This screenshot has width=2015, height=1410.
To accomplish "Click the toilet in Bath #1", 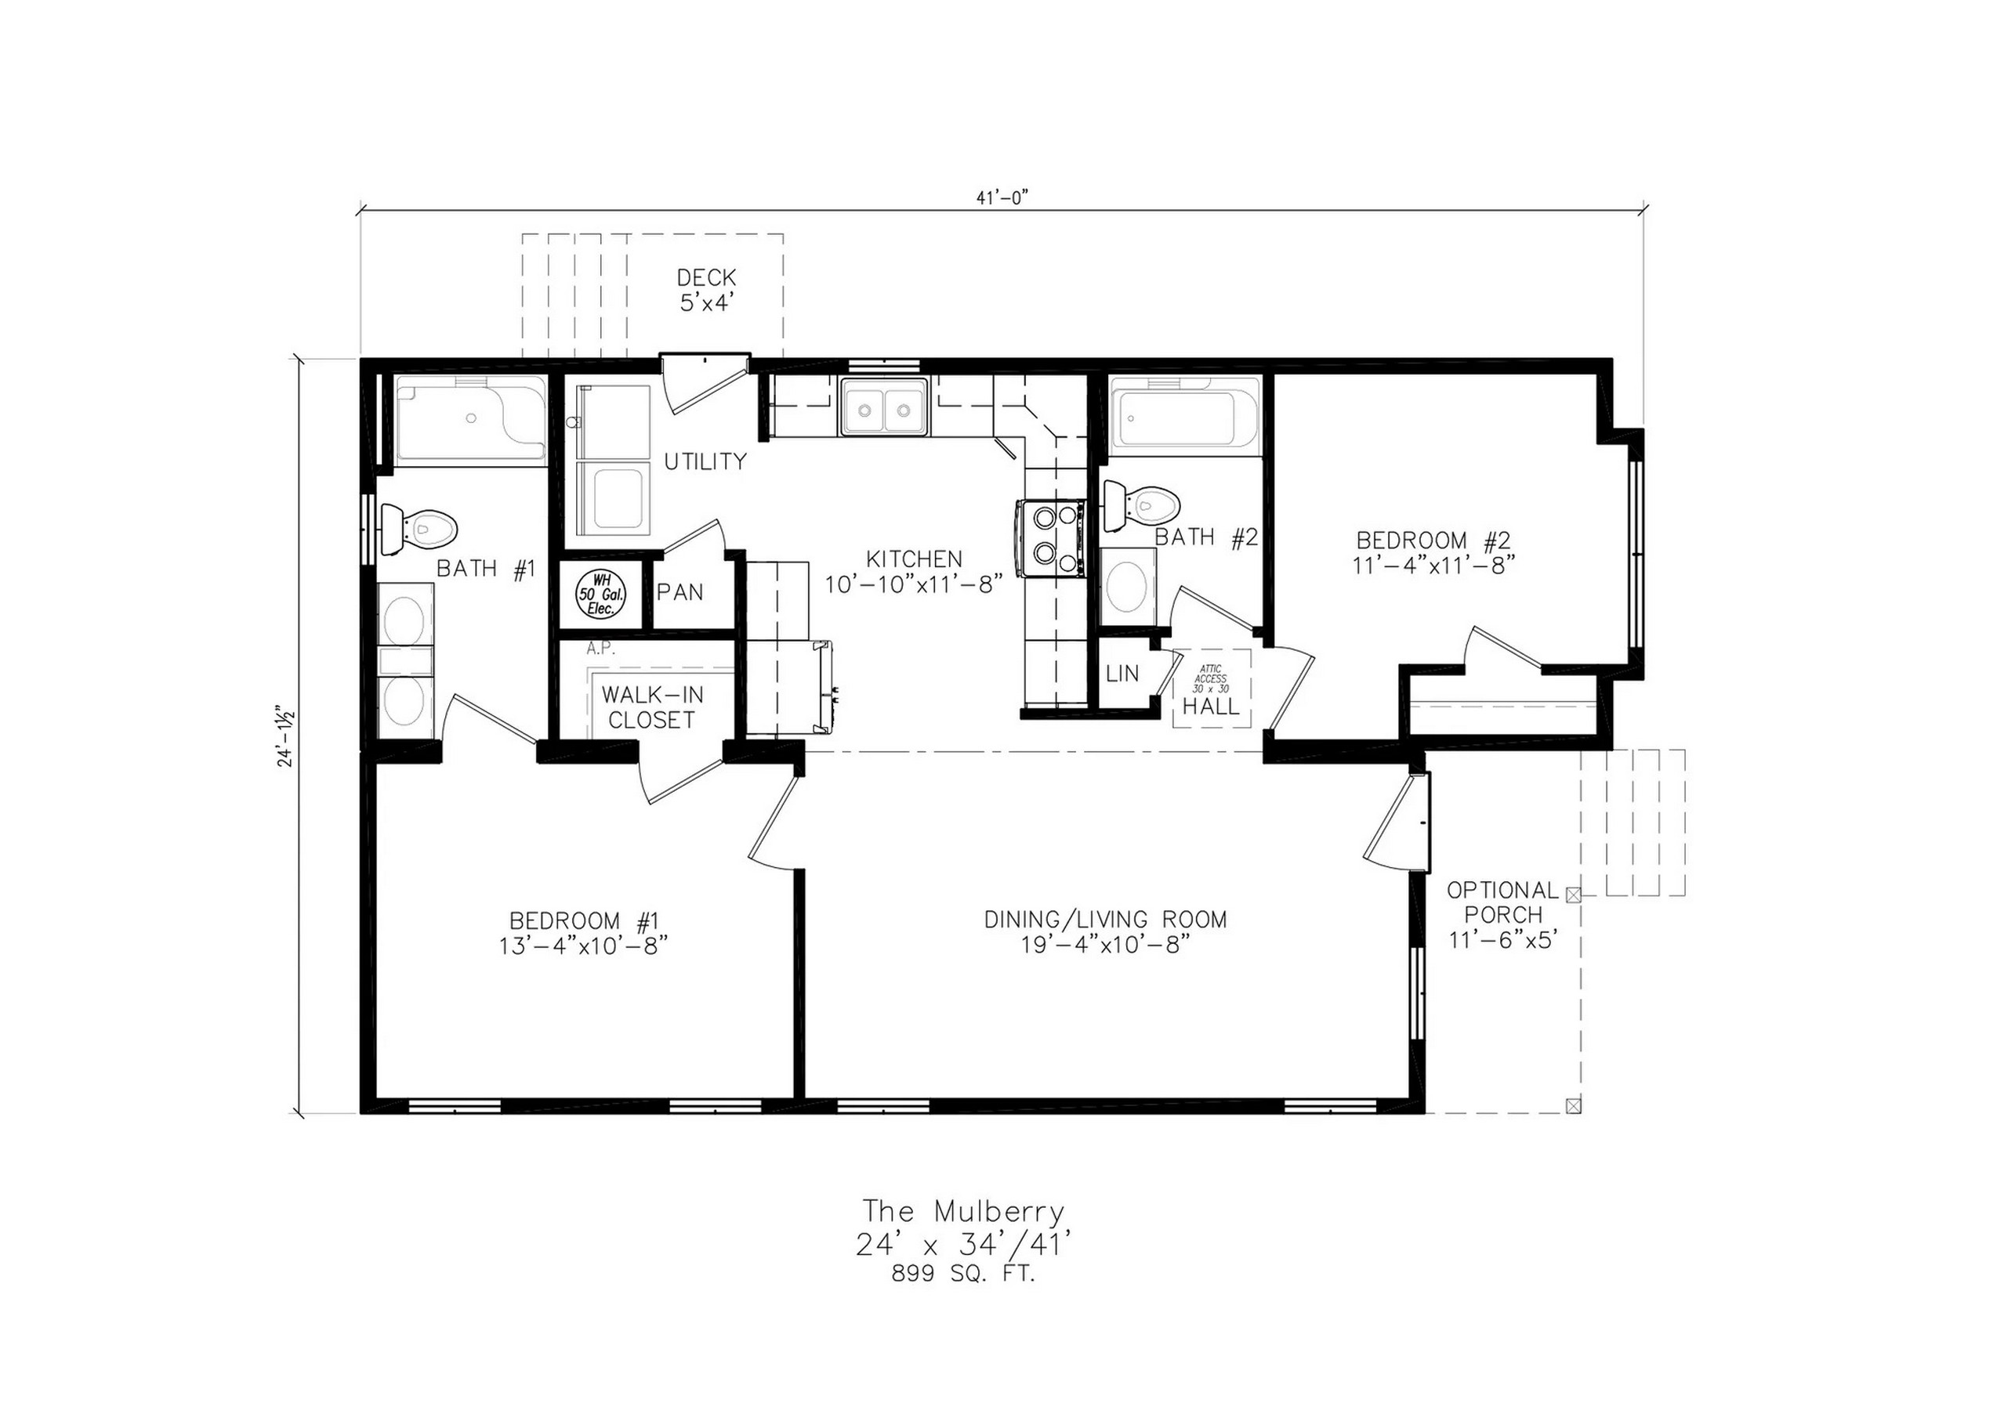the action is tap(419, 529).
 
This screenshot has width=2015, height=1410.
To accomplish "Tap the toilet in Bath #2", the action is tap(1142, 505).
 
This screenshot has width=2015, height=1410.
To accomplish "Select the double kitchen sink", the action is tap(884, 407).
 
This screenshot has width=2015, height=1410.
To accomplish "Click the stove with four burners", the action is tap(1050, 538).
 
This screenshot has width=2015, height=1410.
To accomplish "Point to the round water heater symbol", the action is tap(601, 594).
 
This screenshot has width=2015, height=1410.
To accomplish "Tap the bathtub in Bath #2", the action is tap(1186, 417).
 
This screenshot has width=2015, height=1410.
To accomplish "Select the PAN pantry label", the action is tap(680, 592).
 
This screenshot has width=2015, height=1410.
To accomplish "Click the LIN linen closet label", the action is tap(1122, 673).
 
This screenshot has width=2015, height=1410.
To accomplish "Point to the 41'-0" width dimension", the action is tap(1002, 198).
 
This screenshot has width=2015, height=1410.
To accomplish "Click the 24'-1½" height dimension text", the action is tap(285, 736).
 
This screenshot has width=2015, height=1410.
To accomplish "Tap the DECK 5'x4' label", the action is tap(706, 291).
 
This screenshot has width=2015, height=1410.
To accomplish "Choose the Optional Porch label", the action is tap(1502, 915).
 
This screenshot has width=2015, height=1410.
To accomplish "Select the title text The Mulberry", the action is tap(964, 1212).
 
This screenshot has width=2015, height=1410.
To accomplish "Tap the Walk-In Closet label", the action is tap(652, 707).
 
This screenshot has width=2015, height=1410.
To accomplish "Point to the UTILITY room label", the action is tap(705, 461).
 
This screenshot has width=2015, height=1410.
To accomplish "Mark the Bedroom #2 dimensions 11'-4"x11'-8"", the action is tap(1434, 564).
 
